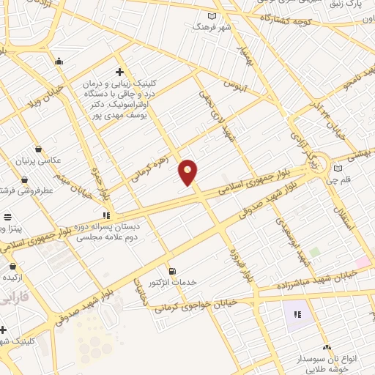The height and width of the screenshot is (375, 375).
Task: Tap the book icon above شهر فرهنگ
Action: coord(212,16)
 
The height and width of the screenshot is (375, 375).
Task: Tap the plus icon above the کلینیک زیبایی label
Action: coord(119,72)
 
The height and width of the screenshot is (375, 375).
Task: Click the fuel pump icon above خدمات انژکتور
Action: coord(172,271)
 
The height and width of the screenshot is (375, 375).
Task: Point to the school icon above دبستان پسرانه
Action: coord(106,215)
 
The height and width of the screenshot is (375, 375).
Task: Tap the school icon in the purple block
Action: coord(297,314)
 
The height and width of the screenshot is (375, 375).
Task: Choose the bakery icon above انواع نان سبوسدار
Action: coord(327,348)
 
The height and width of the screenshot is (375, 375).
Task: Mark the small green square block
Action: coord(315,252)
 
